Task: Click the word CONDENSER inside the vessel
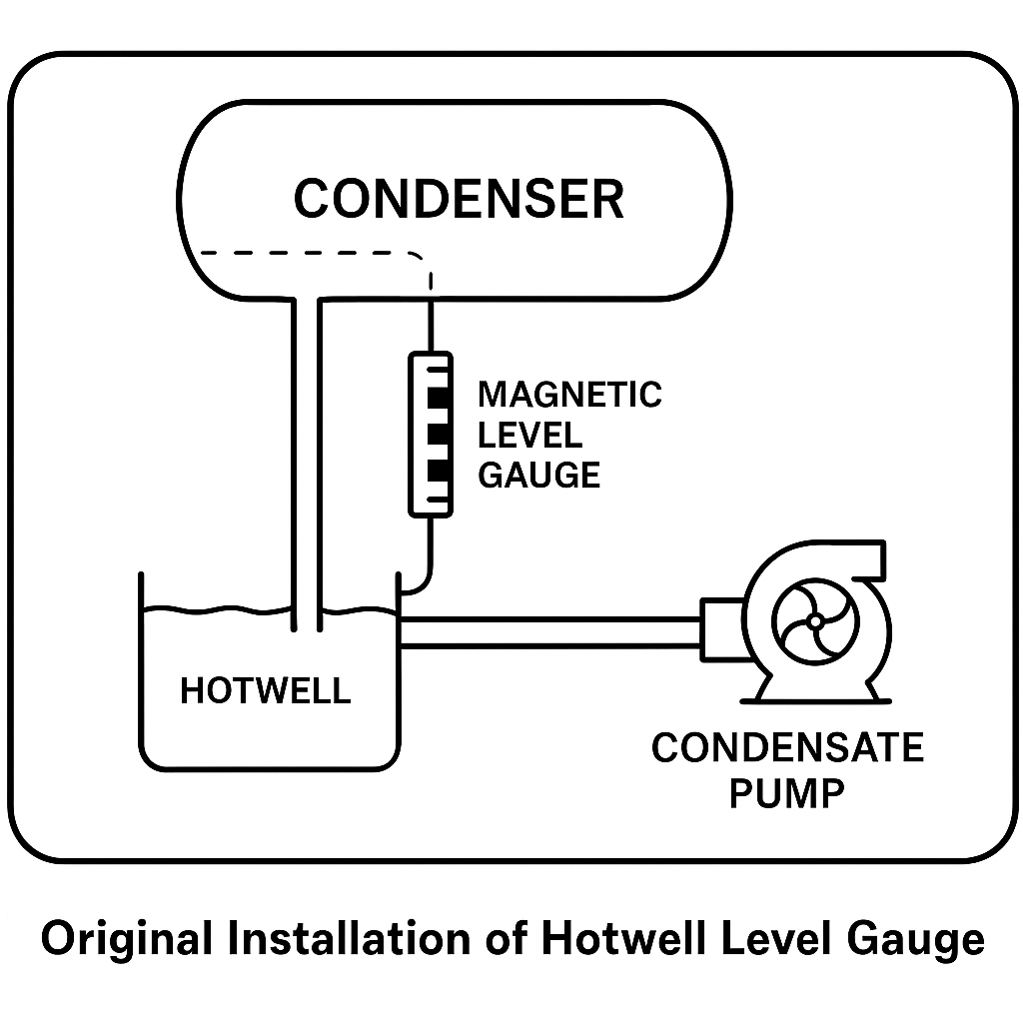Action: coord(459,198)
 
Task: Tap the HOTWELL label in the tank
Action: coord(265,690)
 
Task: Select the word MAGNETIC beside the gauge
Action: coord(569,395)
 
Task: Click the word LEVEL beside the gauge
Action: coord(529,435)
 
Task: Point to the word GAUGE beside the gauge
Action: coord(539,475)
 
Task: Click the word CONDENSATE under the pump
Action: coord(787,748)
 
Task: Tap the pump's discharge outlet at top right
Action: coord(871,559)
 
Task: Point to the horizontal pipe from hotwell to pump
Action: coord(549,632)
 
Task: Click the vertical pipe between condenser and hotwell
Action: coord(307,450)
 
